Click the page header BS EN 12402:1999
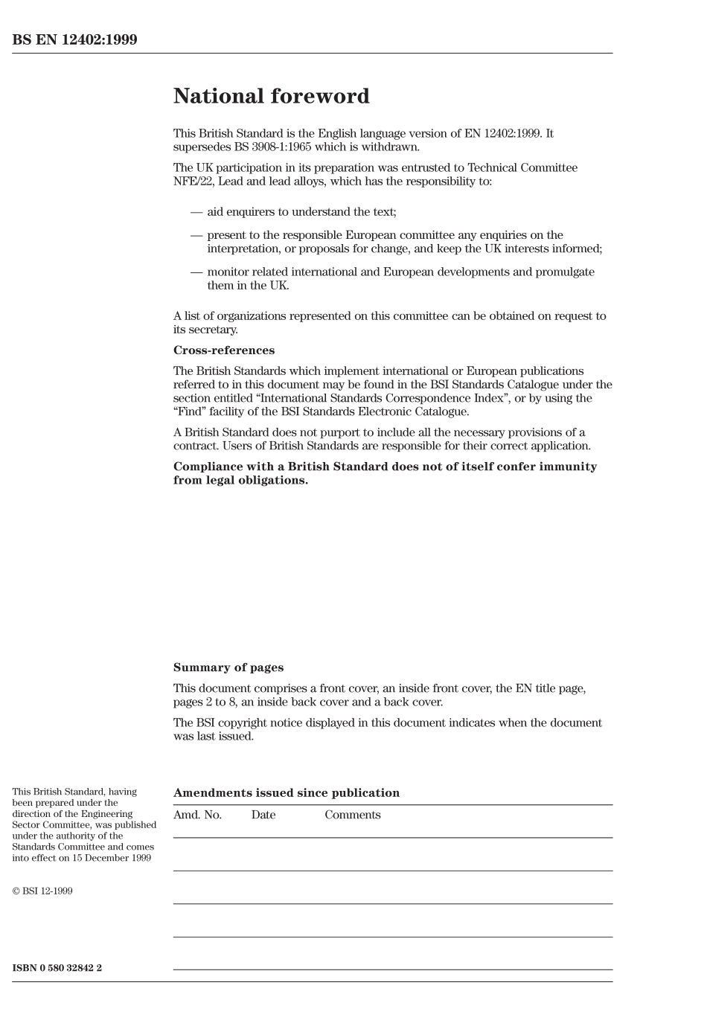click(x=74, y=40)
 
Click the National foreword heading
click(x=271, y=97)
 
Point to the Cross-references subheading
click(x=223, y=350)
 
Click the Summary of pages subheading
click(x=228, y=668)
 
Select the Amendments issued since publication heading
click(x=286, y=793)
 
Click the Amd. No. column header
click(x=197, y=815)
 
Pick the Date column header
click(x=263, y=815)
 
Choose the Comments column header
click(x=352, y=815)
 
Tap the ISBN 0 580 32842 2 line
click(x=57, y=968)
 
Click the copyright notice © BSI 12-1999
click(x=42, y=891)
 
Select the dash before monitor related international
click(x=196, y=272)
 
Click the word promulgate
click(x=565, y=272)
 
